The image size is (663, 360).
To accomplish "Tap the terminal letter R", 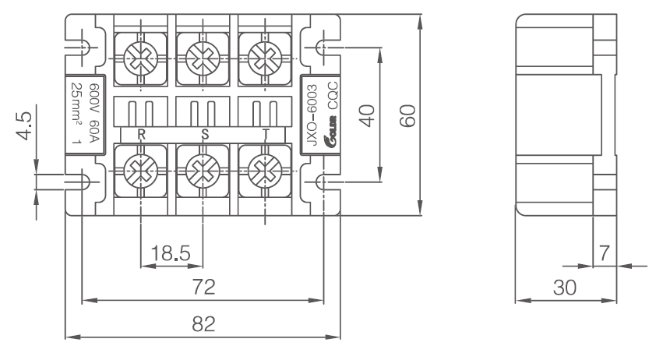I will coord(141,134).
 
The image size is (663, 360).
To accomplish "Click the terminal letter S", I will coord(205,134).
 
